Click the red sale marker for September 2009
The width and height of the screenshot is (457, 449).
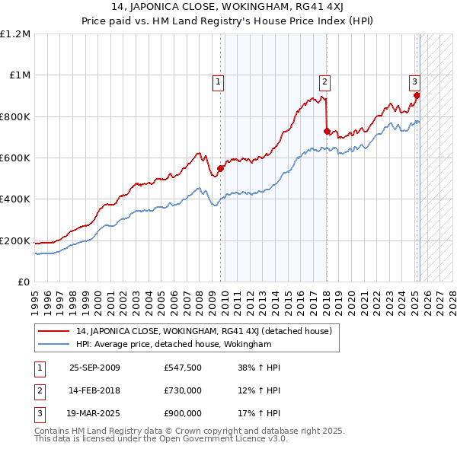[221, 168]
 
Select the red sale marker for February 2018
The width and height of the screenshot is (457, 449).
[327, 131]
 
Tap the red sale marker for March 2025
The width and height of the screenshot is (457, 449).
[417, 95]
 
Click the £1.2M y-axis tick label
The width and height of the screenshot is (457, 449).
[15, 34]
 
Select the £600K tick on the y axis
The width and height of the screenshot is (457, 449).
[15, 158]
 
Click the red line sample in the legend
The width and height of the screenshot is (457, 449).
[55, 332]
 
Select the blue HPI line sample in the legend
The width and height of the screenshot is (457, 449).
[55, 345]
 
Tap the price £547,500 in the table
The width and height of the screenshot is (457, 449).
[182, 368]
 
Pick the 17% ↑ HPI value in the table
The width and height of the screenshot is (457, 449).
[259, 413]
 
